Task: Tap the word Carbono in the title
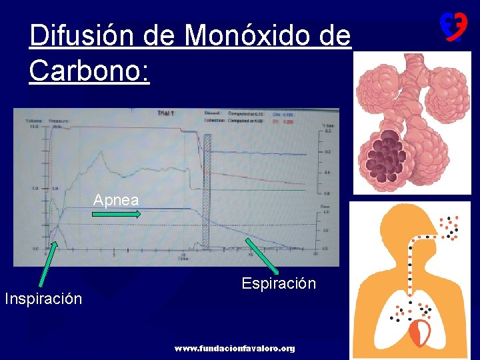click(x=87, y=69)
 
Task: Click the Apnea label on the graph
click(x=116, y=200)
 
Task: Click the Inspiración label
click(x=43, y=299)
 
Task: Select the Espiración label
click(x=279, y=283)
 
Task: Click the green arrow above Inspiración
click(x=51, y=267)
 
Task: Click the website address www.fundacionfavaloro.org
click(x=234, y=349)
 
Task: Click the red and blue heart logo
click(x=452, y=27)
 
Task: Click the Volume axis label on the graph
click(x=33, y=121)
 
